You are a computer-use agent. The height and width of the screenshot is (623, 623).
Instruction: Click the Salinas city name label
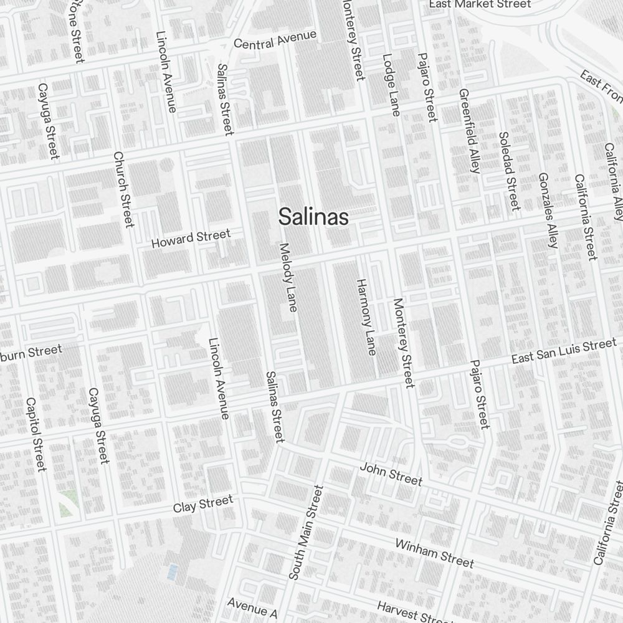[313, 217]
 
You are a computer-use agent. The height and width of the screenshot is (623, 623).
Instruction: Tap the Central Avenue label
[275, 39]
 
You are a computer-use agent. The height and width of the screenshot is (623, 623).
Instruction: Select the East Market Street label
[480, 4]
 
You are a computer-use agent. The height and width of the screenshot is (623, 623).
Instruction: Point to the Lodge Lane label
[391, 85]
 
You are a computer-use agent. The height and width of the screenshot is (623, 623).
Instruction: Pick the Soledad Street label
[509, 171]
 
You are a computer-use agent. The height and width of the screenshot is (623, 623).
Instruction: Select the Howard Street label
[191, 239]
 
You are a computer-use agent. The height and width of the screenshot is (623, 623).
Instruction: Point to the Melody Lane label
[288, 277]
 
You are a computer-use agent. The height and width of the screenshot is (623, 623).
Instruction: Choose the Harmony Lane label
[366, 317]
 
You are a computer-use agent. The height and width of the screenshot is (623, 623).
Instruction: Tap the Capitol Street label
[36, 434]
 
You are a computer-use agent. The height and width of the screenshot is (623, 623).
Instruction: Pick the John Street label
[391, 474]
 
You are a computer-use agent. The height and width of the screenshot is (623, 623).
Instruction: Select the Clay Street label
[203, 503]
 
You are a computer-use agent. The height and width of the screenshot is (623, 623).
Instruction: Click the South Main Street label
[306, 533]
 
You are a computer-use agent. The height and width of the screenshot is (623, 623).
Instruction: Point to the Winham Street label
[434, 553]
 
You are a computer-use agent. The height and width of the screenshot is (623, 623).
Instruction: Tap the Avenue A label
[252, 607]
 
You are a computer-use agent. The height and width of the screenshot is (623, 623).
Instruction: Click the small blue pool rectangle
[171, 571]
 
